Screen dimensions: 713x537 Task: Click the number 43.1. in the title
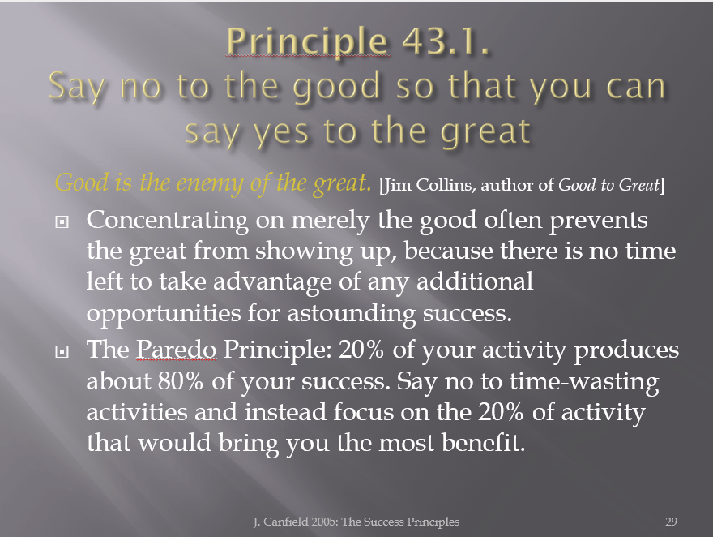[446, 41]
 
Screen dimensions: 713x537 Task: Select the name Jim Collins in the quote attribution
[429, 185]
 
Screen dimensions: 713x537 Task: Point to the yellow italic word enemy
[210, 184]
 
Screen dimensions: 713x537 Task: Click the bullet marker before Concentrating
[62, 221]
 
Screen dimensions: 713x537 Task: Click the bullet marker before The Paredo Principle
[62, 351]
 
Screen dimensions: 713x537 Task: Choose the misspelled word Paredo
[177, 350]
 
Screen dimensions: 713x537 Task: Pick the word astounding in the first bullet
[351, 314]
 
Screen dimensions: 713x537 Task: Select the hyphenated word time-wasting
[584, 382]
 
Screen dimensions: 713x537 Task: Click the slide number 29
[671, 522]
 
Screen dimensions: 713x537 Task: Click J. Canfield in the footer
[280, 522]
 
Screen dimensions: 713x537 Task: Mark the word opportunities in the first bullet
[164, 314]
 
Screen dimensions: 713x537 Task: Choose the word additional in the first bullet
[475, 281]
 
